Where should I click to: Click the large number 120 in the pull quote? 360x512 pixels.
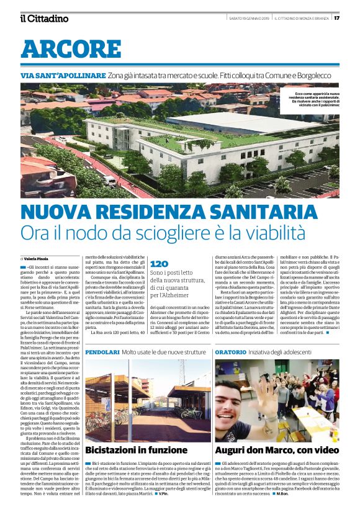point(160,263)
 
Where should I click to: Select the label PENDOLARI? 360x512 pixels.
point(102,352)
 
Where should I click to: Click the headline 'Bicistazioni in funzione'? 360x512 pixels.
point(128,449)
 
